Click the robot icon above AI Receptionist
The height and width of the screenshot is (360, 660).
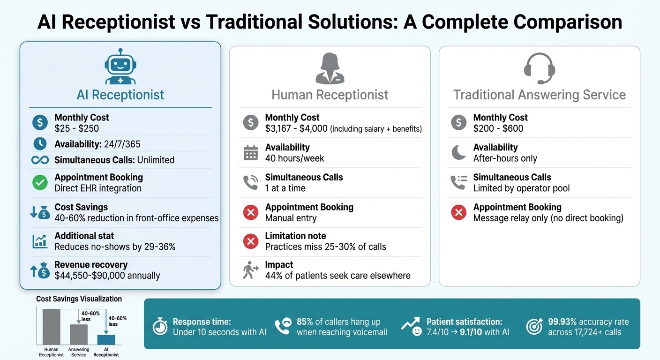[x=120, y=67]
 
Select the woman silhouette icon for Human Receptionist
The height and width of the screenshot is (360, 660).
[x=330, y=68]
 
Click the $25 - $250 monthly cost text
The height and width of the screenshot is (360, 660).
[x=76, y=128]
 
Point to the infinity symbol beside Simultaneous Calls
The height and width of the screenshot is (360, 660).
[x=40, y=160]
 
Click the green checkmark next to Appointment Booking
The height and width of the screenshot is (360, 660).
[x=40, y=183]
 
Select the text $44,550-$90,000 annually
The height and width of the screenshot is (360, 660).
[x=107, y=276]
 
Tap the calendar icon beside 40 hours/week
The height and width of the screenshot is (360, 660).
[x=251, y=153]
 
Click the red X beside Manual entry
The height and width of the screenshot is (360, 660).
[x=251, y=213]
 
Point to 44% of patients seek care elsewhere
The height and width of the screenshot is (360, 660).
[x=337, y=276]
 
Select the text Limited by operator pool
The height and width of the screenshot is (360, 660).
[x=521, y=188]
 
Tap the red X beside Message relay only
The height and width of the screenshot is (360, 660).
[x=458, y=213]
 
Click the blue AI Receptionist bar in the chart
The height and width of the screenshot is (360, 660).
[x=106, y=340]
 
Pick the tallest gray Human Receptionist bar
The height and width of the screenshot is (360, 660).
[x=52, y=327]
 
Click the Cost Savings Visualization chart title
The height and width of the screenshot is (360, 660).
[x=79, y=299]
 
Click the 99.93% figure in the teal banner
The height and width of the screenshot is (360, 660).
[x=562, y=322]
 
